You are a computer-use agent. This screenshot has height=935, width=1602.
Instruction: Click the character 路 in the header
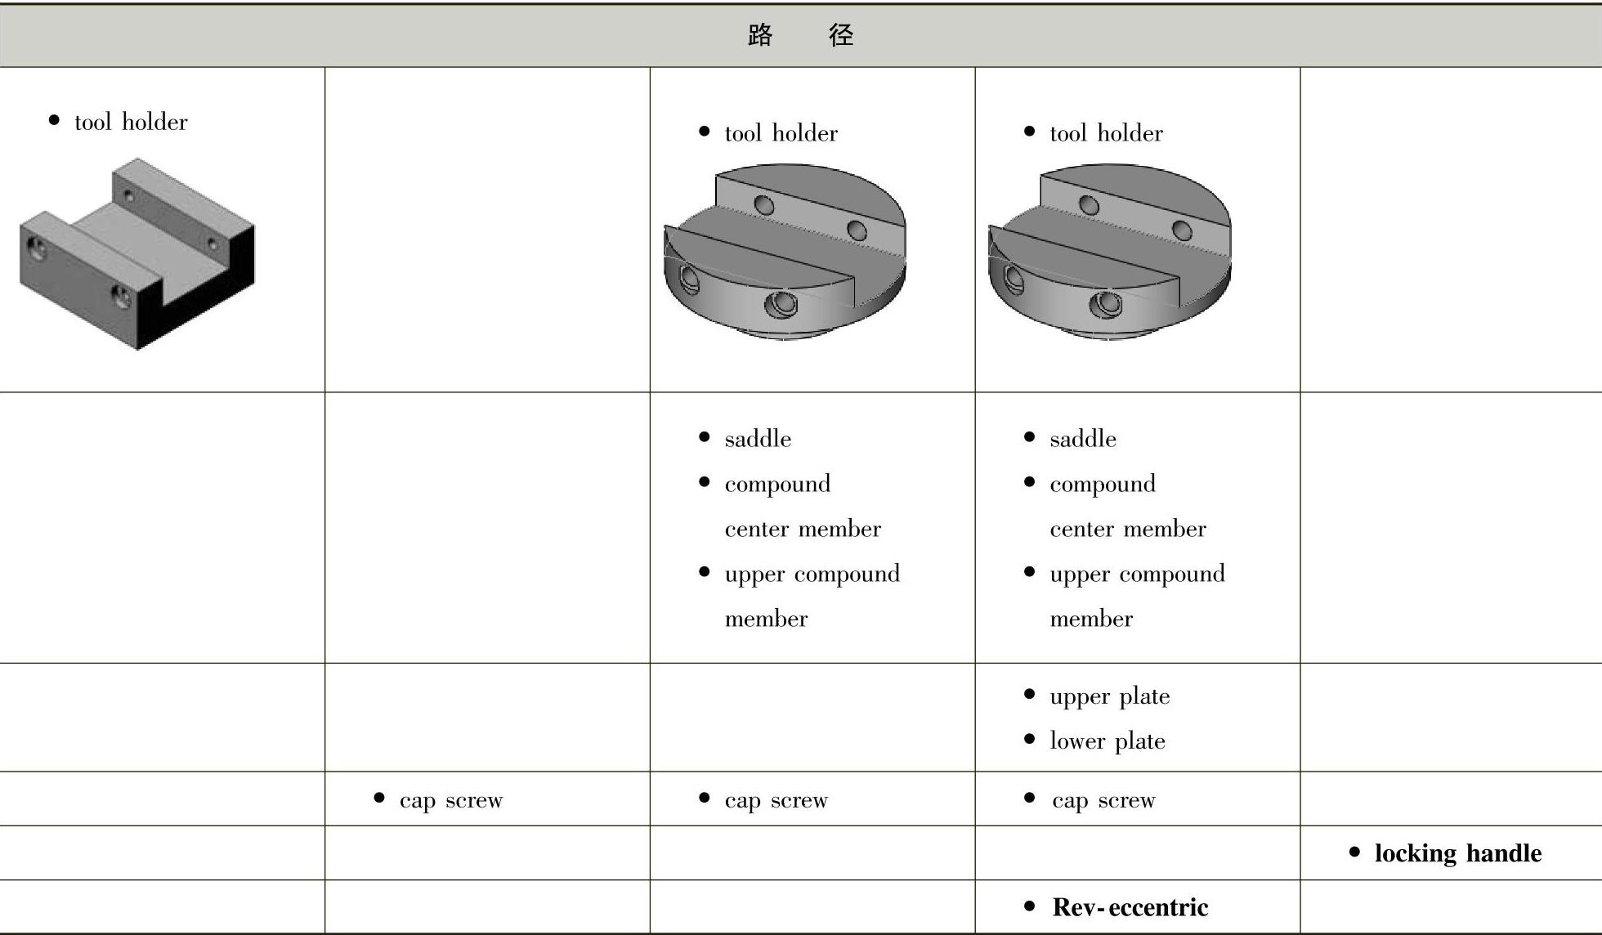pos(760,35)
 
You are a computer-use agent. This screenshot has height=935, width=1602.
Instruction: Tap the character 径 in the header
pos(841,35)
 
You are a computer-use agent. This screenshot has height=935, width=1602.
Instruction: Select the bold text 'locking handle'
pos(1457,853)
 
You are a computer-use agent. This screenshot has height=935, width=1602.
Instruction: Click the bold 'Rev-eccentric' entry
pos(1130,907)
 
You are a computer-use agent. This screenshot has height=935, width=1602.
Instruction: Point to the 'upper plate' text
pos(1109,696)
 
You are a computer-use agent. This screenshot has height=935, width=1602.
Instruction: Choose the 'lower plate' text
pos(1107,741)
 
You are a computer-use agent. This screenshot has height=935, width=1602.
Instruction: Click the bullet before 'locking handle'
pos(1354,852)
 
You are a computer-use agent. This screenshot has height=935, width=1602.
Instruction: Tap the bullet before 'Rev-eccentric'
pos(1029,906)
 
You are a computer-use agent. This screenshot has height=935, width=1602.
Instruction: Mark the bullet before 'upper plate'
pos(1029,695)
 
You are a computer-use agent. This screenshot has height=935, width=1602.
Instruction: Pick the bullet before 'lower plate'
pos(1029,740)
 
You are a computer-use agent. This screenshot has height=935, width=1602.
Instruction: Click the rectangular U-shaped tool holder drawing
pos(136,253)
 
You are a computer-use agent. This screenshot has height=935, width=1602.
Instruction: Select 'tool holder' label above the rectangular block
pos(131,123)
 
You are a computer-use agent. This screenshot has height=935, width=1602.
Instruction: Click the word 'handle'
pos(1504,853)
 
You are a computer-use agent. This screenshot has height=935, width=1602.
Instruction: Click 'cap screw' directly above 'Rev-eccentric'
pos(1103,800)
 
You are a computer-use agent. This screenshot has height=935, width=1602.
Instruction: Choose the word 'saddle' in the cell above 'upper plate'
pos(1082,440)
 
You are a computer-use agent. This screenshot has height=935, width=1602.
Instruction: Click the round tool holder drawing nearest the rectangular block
pos(785,253)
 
